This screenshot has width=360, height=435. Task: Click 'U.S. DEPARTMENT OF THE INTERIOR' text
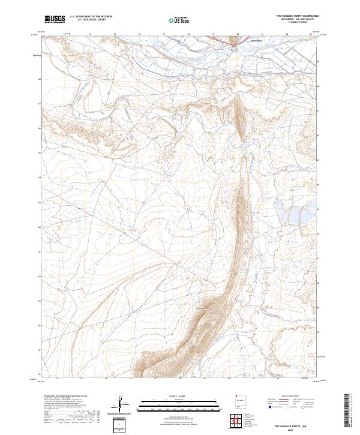coord(89,17)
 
